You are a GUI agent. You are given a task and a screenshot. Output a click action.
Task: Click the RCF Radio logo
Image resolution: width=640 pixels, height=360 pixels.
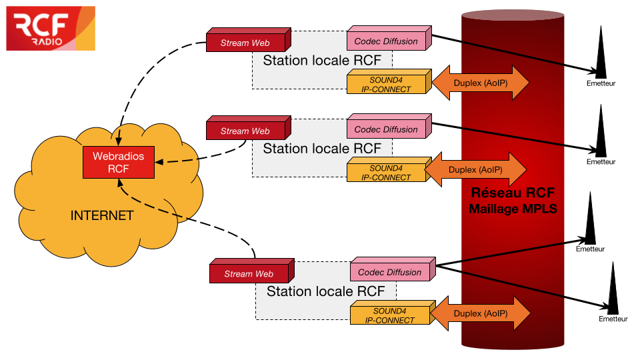51,28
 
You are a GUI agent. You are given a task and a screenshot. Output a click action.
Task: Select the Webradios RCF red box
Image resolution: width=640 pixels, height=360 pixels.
117,162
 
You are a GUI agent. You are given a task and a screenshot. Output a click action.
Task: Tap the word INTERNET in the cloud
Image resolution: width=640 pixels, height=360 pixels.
102,215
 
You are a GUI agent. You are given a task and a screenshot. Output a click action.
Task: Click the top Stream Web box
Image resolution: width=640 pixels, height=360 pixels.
246,43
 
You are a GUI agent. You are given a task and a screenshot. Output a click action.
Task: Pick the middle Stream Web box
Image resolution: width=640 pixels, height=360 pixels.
245,131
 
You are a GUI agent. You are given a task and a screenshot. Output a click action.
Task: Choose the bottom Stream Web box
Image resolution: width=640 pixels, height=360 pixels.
249,273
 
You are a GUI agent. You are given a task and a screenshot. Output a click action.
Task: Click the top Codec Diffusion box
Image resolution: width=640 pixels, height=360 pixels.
387,41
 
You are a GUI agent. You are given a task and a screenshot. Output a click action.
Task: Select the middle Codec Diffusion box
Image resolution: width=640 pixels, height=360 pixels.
387,129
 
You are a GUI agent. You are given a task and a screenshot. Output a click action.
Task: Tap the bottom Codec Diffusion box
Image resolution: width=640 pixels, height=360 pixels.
390,272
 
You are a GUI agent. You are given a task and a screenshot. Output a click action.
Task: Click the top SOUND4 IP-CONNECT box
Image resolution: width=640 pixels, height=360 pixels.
387,84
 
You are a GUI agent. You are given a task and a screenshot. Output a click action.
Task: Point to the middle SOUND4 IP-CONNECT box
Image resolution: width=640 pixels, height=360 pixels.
387,173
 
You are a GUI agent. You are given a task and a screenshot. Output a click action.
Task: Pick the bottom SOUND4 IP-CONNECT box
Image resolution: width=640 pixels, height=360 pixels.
390,315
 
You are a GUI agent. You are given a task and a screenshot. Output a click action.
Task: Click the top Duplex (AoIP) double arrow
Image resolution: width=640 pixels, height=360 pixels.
480,83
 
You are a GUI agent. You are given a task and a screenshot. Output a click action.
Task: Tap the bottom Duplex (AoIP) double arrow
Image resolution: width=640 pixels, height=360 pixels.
481,313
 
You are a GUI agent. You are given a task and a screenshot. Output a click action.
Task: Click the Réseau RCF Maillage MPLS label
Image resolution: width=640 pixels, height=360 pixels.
513,201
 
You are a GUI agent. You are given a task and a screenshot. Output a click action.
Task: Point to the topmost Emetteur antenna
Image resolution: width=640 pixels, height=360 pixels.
601,53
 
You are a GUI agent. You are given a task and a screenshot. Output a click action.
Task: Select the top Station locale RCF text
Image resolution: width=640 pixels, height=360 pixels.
322,61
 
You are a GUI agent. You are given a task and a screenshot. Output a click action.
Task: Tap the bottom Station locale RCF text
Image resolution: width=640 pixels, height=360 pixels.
325,291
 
